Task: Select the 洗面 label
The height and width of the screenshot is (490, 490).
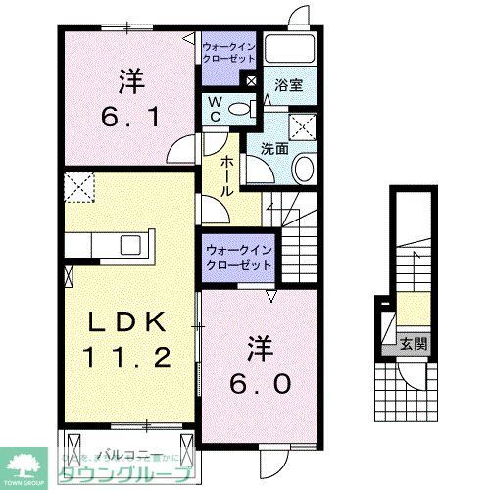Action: pos(274,149)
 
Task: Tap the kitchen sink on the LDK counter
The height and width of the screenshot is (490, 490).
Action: pos(130,243)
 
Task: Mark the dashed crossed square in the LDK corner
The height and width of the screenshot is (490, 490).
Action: pos(78,184)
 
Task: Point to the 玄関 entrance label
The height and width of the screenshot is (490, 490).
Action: pos(413,343)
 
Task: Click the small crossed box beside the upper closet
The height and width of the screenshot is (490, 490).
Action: pos(252,82)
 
